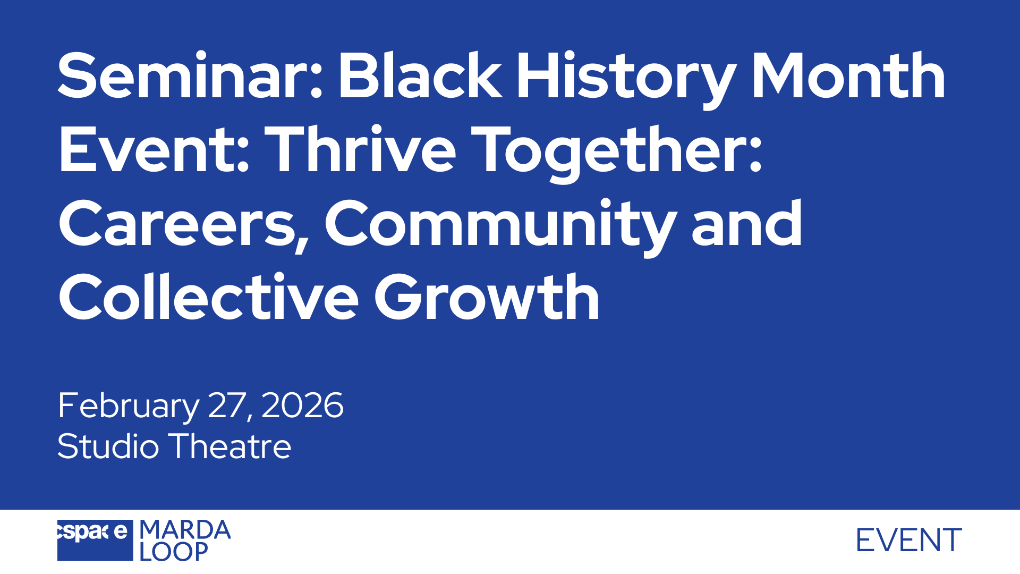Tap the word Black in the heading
pos(420,75)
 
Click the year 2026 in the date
pos(302,405)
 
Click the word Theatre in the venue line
pos(230,446)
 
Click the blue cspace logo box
pos(95,540)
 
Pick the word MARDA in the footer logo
pos(185,530)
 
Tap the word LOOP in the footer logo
pos(173,552)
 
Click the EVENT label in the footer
pos(909,541)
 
